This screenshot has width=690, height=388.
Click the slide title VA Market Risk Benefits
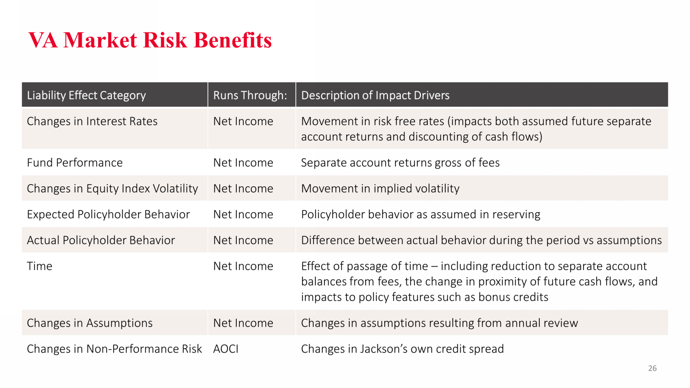point(150,40)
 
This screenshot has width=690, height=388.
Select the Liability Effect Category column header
point(86,96)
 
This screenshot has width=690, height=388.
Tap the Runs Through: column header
point(250,96)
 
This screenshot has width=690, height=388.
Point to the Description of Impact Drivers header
point(375,96)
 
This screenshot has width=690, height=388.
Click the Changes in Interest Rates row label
point(92,122)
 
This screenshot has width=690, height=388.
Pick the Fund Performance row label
point(74,162)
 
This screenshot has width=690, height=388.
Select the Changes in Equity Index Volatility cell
point(113,188)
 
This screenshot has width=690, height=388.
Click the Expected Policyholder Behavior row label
point(108,214)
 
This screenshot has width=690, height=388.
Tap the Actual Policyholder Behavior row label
point(101,240)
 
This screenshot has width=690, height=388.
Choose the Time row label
point(39,266)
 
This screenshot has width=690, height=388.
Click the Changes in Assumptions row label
point(90,323)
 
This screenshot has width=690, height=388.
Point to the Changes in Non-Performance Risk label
point(114,349)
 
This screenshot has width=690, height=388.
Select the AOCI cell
point(226,349)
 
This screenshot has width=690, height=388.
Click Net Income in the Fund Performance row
point(243,162)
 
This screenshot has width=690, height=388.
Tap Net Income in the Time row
point(243,266)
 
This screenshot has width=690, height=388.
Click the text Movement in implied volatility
point(380,188)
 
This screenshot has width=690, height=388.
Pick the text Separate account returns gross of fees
point(400,162)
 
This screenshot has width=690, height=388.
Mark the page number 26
point(652,368)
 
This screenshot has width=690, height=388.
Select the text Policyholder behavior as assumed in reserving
point(421,214)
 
